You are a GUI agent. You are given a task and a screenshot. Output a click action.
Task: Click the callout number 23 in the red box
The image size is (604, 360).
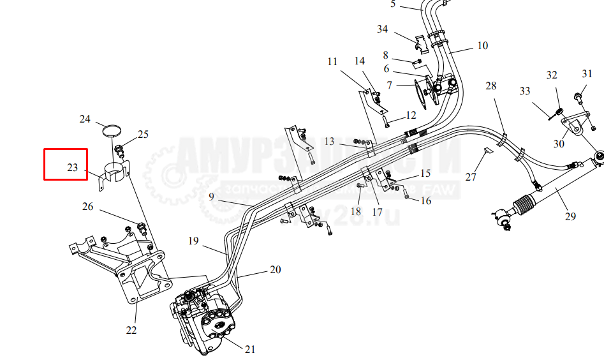pos(72,168)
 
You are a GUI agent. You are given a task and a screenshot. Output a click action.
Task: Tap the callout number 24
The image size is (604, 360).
pos(85,119)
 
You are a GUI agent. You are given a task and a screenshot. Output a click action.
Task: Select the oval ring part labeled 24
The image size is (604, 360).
pos(112,131)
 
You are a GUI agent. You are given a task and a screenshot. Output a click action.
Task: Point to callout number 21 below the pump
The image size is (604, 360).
pos(250,349)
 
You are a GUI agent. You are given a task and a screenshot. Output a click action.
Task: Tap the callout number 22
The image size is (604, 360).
pos(131,330)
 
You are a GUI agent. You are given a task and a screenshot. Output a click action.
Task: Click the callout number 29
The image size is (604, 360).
pos(570,216)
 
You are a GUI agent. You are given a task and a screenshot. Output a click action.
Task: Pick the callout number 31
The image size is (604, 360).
pos(587,74)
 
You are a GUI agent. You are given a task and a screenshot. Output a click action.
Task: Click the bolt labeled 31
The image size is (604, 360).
pos(578,97)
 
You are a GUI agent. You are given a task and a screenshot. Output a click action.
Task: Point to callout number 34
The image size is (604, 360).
pos(383,29)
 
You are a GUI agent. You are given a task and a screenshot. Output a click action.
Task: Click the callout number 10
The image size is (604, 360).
pos(482,45)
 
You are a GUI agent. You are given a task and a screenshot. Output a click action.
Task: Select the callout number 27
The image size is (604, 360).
pos(471,177)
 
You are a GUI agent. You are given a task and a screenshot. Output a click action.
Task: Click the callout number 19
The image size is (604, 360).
pos(193,241)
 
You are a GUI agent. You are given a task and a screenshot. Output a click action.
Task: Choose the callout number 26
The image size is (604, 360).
pos(88,206)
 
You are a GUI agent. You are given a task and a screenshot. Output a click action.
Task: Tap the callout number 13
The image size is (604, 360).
pos(329,140)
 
